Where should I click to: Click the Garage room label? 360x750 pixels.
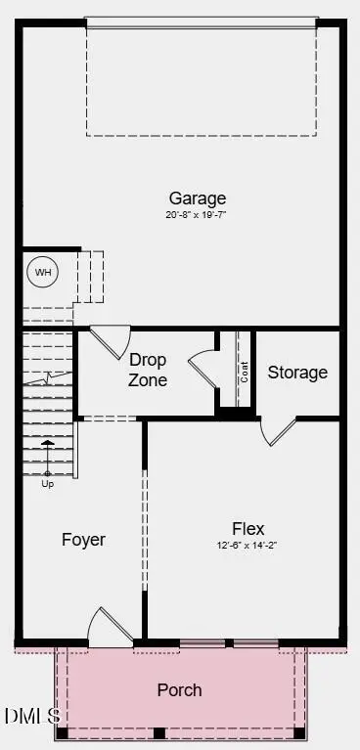[x=197, y=199]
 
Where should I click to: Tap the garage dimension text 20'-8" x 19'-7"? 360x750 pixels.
[x=197, y=214]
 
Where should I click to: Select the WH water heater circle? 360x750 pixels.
[x=43, y=272]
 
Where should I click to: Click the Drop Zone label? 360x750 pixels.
[x=148, y=371]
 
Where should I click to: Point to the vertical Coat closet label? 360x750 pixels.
[x=243, y=373]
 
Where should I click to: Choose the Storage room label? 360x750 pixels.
[x=297, y=373]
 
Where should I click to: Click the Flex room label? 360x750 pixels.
[x=247, y=529]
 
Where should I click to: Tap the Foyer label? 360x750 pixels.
[x=83, y=540]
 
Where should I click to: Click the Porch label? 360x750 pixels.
[x=180, y=690]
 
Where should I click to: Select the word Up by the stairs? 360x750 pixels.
[x=47, y=483]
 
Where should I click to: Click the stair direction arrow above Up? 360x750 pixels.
[x=47, y=456]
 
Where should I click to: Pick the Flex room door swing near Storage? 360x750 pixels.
[x=279, y=430]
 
